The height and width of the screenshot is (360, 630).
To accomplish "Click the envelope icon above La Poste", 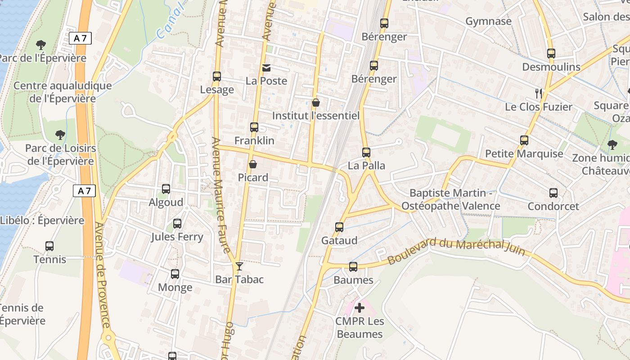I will coord(266,68).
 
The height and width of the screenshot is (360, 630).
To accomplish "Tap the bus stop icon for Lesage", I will coord(217,76).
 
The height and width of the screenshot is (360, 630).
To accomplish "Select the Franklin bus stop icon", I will coord(254,127).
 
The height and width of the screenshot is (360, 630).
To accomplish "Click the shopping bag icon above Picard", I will coord(253,164).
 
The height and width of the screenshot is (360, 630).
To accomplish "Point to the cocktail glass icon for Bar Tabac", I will coord(239,266).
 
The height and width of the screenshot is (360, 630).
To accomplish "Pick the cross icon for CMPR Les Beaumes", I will coord(360,308).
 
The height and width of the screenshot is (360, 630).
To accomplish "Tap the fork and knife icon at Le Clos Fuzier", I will coord(538,94).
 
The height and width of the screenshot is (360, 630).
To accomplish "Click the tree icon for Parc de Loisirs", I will coord(60,135).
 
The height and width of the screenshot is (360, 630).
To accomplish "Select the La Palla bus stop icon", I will coord(366,153).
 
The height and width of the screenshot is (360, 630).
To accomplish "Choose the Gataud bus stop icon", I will coord(339,227).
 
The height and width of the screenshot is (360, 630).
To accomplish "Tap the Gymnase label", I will coord(488,21).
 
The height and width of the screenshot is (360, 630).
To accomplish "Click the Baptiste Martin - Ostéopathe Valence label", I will coord(450,199).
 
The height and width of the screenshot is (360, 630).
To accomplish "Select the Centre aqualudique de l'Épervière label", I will coord(63,92).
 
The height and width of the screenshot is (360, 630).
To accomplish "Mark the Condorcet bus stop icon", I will coord(553,193).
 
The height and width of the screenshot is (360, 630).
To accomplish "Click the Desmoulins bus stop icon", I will coord(551,54).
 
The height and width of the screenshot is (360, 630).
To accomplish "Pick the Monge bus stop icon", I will coord(175,274).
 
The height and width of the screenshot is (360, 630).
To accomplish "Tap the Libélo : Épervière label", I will coord(42,220).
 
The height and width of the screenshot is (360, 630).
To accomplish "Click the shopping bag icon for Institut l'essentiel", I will coord(316,103).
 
